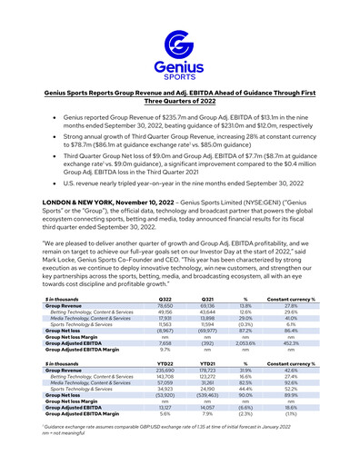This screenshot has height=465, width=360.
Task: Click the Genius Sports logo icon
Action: (x=180, y=45)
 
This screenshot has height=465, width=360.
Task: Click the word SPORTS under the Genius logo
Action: (x=180, y=77)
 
